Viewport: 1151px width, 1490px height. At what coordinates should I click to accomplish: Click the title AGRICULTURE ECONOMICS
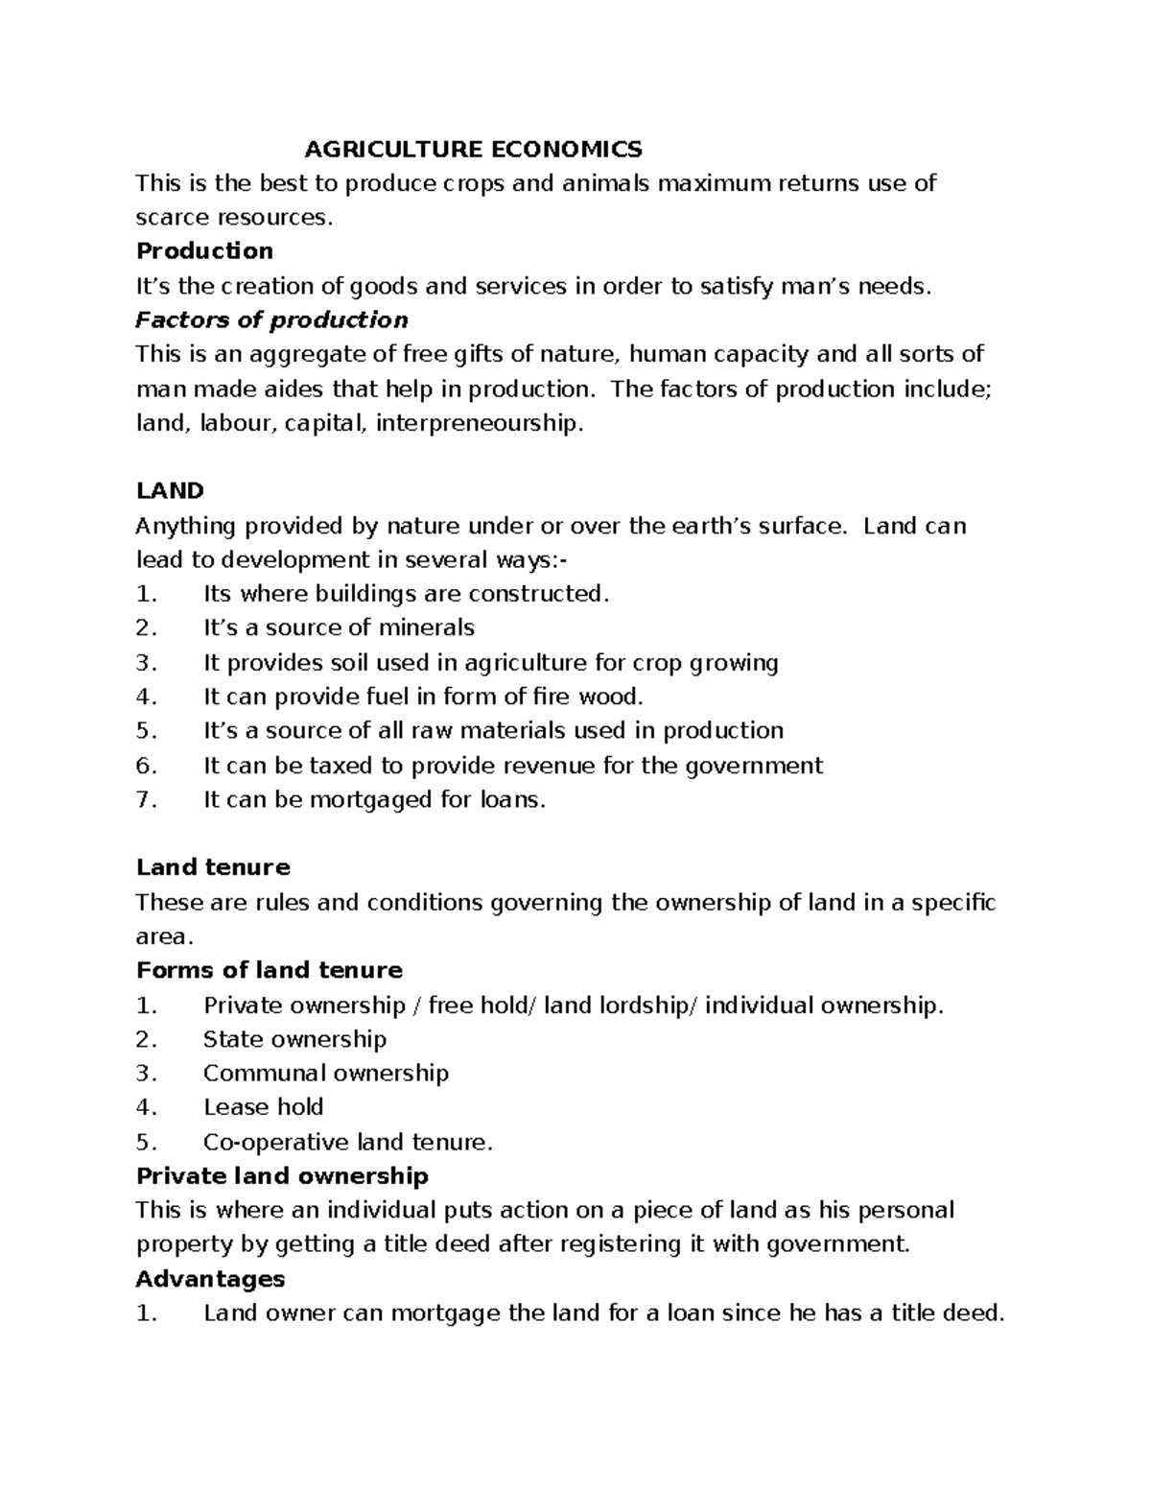pyautogui.click(x=473, y=149)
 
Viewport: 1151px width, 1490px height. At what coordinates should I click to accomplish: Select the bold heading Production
pyautogui.click(x=204, y=251)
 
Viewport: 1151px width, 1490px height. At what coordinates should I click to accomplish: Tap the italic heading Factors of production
pyautogui.click(x=272, y=319)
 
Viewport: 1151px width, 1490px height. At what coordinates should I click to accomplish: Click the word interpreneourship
pyautogui.click(x=479, y=423)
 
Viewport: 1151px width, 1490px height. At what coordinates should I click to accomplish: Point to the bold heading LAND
pyautogui.click(x=170, y=491)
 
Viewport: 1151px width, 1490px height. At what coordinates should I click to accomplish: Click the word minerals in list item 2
pyautogui.click(x=426, y=628)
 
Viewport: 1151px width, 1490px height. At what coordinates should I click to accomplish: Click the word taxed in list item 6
pyautogui.click(x=365, y=766)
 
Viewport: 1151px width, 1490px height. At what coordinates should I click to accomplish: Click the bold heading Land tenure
pyautogui.click(x=213, y=867)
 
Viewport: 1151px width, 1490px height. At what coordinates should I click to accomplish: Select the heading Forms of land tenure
pyautogui.click(x=270, y=970)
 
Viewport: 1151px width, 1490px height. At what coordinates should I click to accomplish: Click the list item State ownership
pyautogui.click(x=294, y=1039)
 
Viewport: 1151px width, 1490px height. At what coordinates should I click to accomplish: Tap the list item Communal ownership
pyautogui.click(x=325, y=1073)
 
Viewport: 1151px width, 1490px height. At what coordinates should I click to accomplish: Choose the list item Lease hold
pyautogui.click(x=263, y=1107)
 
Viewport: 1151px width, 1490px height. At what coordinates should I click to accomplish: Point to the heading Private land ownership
pyautogui.click(x=282, y=1176)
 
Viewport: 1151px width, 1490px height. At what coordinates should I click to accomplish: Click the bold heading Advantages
pyautogui.click(x=210, y=1279)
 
